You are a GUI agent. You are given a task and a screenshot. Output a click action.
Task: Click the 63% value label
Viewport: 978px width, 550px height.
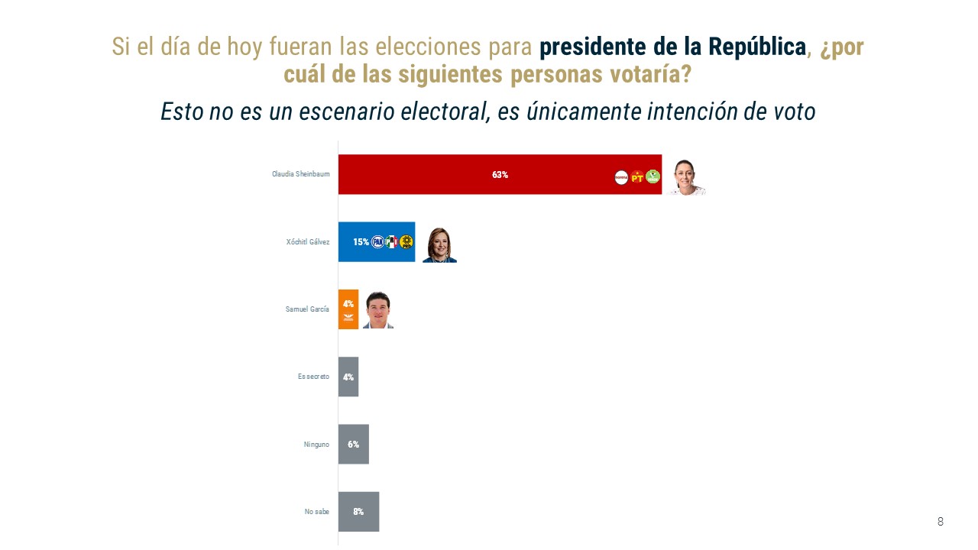point(500,175)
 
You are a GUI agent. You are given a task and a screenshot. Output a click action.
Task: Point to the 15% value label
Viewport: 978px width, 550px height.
point(361,242)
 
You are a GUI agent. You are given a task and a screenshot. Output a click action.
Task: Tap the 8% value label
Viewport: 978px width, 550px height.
point(358,512)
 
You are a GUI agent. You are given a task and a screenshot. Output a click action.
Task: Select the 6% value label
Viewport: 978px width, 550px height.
point(353,444)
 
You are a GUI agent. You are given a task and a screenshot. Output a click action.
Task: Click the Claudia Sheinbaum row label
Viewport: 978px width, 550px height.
point(301,174)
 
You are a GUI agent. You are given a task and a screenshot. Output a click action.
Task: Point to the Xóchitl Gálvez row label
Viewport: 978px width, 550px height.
point(308,242)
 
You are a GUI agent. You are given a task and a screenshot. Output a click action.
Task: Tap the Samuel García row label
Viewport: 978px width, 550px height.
point(307,309)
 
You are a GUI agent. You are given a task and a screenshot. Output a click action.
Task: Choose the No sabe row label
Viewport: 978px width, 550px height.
point(316,512)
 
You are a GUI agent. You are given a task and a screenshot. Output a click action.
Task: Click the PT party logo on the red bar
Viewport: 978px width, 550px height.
point(637,177)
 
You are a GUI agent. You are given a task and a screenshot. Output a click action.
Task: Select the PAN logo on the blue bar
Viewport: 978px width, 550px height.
point(377,242)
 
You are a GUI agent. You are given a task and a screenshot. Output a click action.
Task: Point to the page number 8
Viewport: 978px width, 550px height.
point(941,522)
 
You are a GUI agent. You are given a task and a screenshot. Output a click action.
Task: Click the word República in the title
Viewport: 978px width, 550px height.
point(756,47)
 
